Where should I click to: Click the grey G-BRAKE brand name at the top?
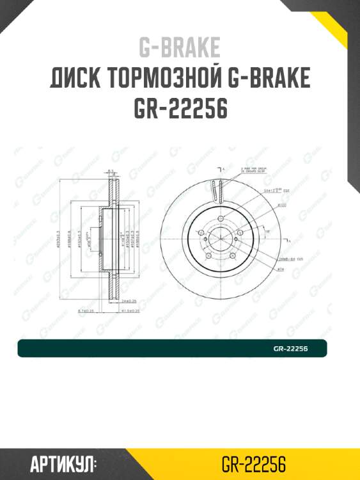(180, 47)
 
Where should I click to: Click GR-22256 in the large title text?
(180, 109)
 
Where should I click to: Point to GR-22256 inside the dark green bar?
(290, 349)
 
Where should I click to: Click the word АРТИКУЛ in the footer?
(63, 463)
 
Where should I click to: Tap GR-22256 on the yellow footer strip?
(253, 463)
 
